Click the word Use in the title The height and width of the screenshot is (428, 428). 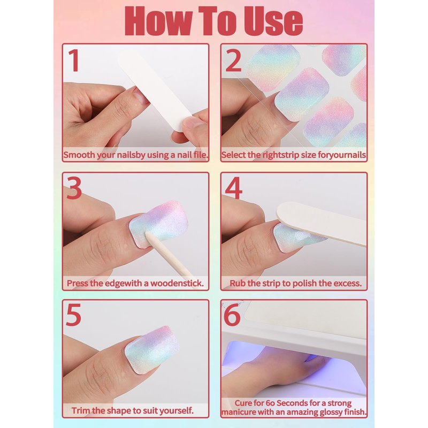click(273, 21)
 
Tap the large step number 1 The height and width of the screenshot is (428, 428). click(74, 60)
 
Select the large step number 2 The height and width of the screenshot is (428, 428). click(233, 60)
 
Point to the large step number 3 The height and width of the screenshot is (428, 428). click(74, 188)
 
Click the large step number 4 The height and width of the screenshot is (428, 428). click(234, 188)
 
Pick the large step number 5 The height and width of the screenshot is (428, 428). click(74, 315)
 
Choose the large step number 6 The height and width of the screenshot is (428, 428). click(232, 315)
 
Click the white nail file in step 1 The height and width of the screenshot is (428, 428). click(155, 91)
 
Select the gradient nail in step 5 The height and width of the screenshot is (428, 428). click(152, 349)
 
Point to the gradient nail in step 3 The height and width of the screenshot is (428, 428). click(158, 224)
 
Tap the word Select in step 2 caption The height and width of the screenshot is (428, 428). click(233, 155)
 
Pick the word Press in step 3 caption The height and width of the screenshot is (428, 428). click(78, 283)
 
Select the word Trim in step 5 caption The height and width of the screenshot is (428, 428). click(81, 410)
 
